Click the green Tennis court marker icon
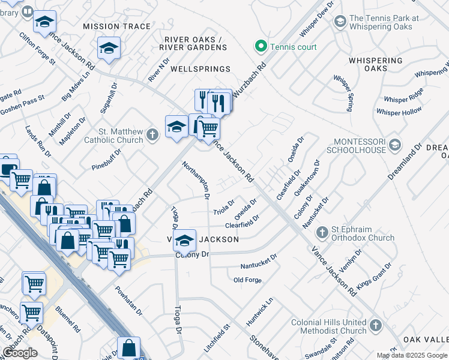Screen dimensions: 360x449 click(261, 46)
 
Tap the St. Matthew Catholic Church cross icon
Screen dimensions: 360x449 click(152, 135)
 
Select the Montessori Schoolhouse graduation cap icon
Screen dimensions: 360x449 click(394, 145)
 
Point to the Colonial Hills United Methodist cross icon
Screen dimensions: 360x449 click(376, 326)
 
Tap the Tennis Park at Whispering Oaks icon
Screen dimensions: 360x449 click(340, 22)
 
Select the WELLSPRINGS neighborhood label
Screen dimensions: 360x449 click(200, 70)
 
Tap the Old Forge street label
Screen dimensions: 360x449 click(247, 280)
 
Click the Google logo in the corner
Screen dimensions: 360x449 click(20, 353)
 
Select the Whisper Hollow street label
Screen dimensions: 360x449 click(399, 111)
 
